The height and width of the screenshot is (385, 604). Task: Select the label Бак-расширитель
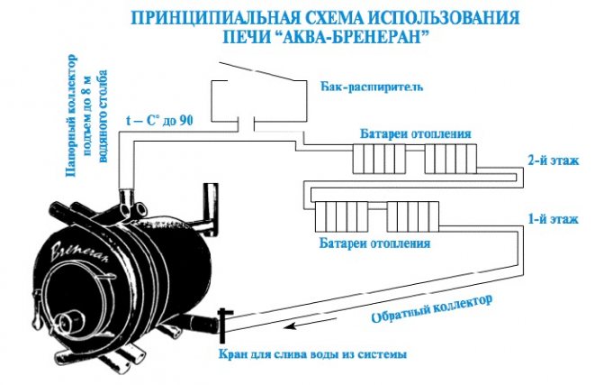coord(372,87)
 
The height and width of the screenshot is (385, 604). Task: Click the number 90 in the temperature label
coord(185,121)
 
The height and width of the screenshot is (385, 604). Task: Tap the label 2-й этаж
coord(554,160)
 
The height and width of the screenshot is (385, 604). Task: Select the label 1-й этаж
coord(554,219)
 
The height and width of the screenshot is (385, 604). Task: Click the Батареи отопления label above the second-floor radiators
coord(416,133)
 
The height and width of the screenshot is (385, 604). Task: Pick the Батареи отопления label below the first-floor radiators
coord(374,243)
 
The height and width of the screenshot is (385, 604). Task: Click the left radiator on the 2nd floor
coord(380,159)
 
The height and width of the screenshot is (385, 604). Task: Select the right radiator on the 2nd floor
coord(451,159)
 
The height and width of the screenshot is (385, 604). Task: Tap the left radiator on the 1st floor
coord(341,216)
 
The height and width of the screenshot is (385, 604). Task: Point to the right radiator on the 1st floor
coord(413,216)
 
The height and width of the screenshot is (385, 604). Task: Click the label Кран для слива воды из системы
coord(312,353)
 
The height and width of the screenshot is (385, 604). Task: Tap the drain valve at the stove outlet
coord(223,325)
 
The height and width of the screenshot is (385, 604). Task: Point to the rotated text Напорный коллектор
coord(71,115)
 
